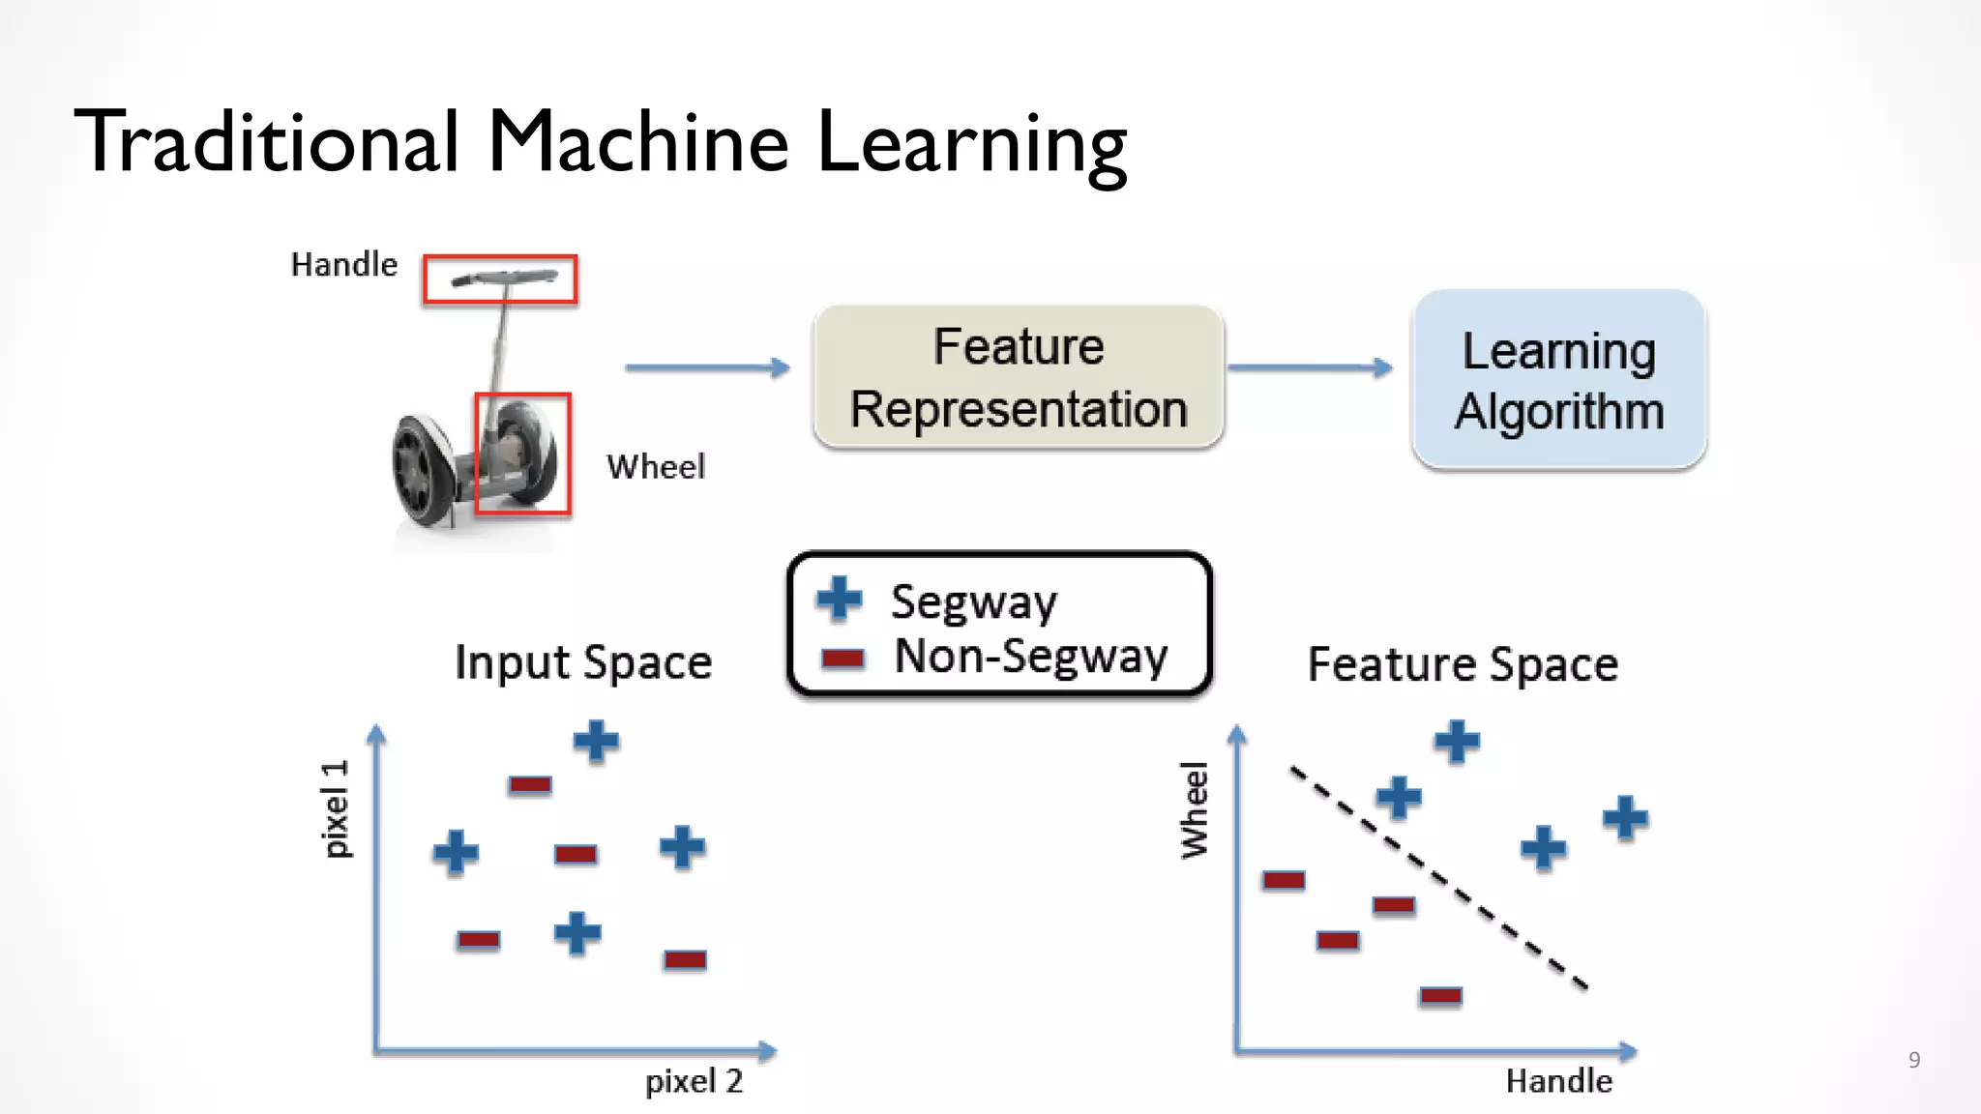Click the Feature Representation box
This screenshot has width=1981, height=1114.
tap(1019, 377)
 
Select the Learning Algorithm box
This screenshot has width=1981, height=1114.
tap(1558, 379)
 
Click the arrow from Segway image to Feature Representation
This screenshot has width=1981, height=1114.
tap(707, 367)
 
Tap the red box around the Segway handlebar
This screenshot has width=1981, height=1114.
tap(500, 279)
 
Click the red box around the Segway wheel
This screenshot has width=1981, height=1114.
tap(522, 454)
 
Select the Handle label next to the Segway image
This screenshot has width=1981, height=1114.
tap(344, 265)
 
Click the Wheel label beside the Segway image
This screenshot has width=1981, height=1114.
tap(656, 467)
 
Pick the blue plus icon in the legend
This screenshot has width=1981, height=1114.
tap(839, 599)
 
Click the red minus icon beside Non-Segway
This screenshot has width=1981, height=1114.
tap(843, 660)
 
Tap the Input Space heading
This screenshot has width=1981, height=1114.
tap(583, 663)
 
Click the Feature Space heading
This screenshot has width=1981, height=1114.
tap(1463, 665)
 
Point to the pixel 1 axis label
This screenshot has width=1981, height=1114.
tap(336, 808)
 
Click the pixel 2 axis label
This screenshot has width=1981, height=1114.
tap(694, 1081)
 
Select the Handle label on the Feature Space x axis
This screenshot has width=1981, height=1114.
tap(1558, 1081)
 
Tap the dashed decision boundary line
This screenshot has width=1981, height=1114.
tap(1438, 878)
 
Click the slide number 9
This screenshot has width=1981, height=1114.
tap(1913, 1060)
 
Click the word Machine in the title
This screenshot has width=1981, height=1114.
tap(638, 142)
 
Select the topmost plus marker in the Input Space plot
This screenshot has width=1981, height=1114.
tap(596, 742)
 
